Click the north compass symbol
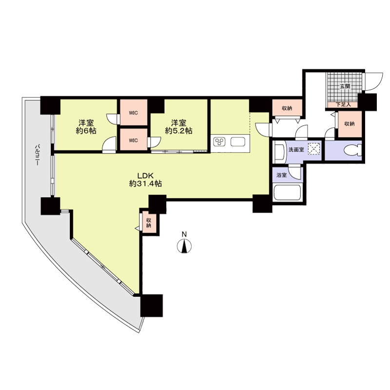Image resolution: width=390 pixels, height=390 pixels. pos(184,246)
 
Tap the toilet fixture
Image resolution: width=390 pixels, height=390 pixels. pos(352,151)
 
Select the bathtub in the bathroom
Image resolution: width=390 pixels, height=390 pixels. pos(287,193)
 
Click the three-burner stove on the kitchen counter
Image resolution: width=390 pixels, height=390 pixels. pos(220,142)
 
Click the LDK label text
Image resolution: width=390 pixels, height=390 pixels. pos(146,175)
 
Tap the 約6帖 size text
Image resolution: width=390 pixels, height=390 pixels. pos(86,131)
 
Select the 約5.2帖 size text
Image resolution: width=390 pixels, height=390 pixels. pos(178,131)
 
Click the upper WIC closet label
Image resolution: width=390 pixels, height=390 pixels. pos(133,113)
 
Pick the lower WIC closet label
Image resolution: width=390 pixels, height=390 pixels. pos(133,140)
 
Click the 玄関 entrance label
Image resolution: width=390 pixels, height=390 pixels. pos(345,86)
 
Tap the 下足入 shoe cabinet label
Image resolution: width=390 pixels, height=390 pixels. pos(343,105)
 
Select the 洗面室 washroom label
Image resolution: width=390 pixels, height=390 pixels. pos(296,150)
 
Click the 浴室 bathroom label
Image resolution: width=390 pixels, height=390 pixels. pos(282,175)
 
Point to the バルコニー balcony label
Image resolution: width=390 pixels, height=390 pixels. pos(38,155)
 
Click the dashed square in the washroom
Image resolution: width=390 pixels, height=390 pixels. pos(314,149)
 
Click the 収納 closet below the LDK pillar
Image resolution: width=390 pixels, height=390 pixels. pos(149,223)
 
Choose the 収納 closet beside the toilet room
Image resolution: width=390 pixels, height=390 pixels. pos(350,124)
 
